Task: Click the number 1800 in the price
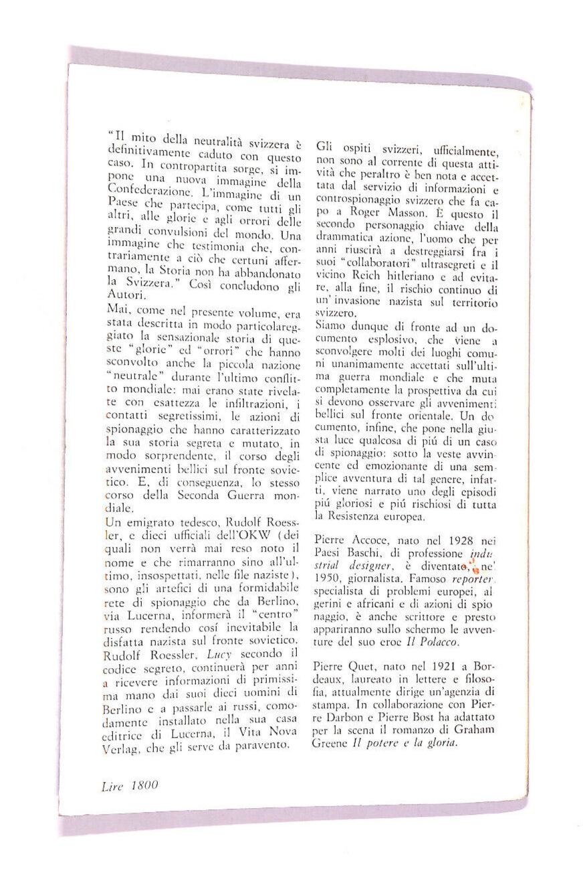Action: (144, 785)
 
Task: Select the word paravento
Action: (264, 743)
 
